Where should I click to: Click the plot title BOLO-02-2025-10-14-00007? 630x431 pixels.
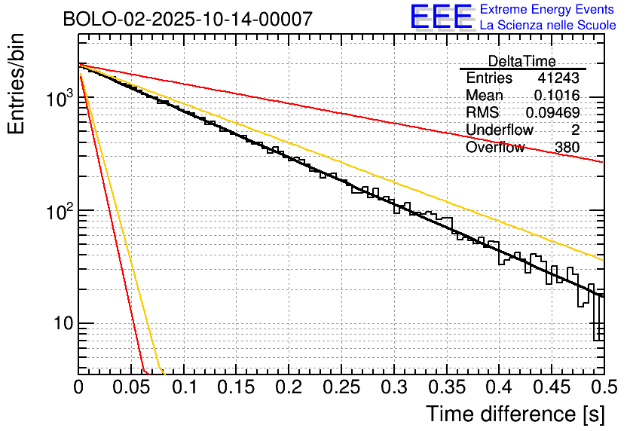pyautogui.click(x=188, y=20)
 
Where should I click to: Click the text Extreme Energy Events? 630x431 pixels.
pyautogui.click(x=548, y=10)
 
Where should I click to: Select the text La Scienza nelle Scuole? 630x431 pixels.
pyautogui.click(x=548, y=26)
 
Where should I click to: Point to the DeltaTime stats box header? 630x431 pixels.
pyautogui.click(x=522, y=61)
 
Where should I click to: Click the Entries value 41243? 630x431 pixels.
pyautogui.click(x=558, y=78)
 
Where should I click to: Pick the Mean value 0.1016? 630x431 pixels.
pyautogui.click(x=556, y=96)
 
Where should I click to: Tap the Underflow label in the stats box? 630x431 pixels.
pyautogui.click(x=500, y=130)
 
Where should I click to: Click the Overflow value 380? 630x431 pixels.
pyautogui.click(x=567, y=148)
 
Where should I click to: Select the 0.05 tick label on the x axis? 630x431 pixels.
pyautogui.click(x=130, y=387)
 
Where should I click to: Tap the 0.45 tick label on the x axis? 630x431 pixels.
pyautogui.click(x=552, y=387)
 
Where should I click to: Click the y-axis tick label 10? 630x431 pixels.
pyautogui.click(x=60, y=325)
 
